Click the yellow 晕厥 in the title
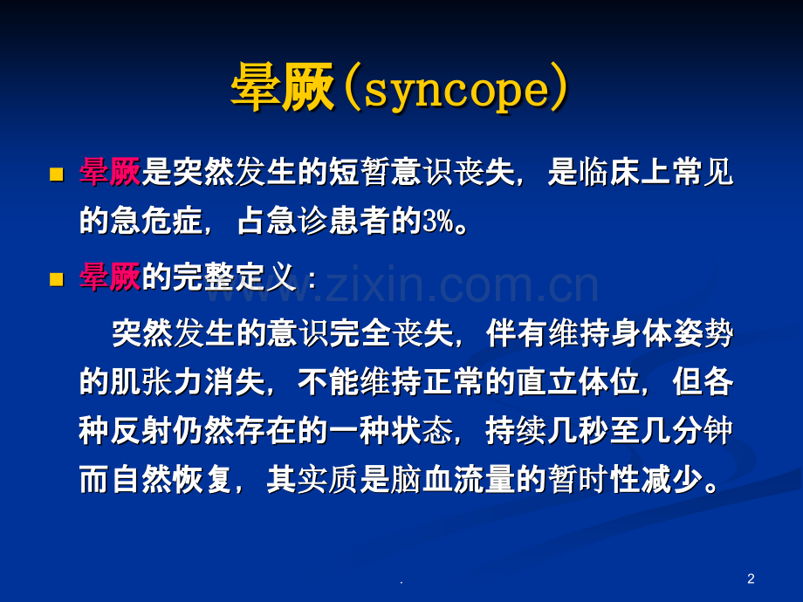tap(283, 87)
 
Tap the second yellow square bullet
tap(57, 279)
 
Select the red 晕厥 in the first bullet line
tap(110, 172)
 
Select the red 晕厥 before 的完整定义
tap(110, 277)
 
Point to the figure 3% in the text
tap(438, 221)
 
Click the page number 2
tap(751, 579)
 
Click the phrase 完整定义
tap(234, 277)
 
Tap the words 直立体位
tap(579, 382)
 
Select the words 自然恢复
tap(172, 480)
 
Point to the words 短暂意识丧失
tap(421, 172)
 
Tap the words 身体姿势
tap(672, 333)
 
